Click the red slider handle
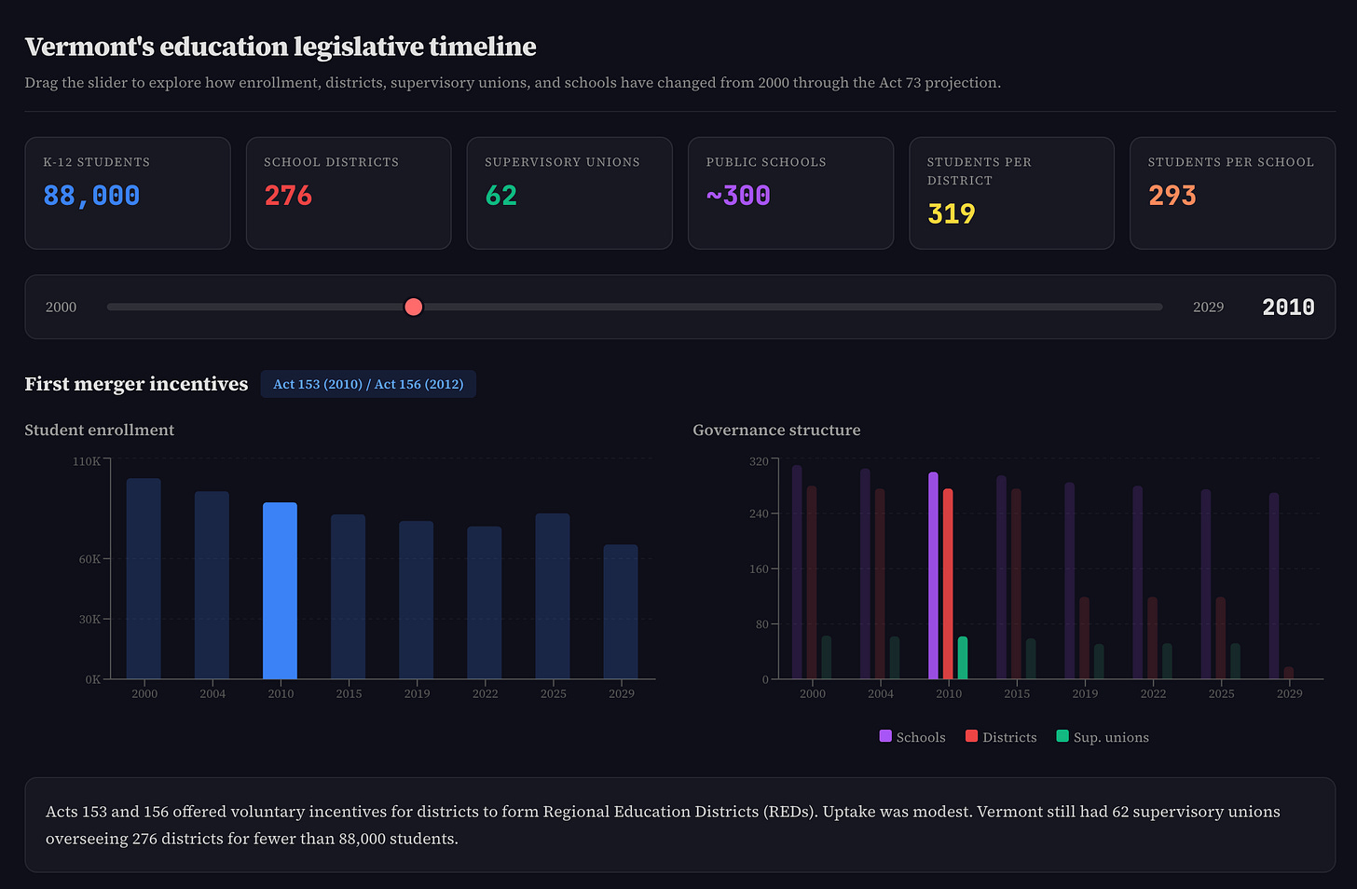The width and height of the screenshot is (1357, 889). (x=414, y=307)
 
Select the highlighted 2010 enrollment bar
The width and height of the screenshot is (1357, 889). (x=280, y=591)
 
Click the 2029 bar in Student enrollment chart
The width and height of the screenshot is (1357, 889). (x=621, y=611)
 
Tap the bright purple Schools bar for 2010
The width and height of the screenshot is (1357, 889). (x=933, y=576)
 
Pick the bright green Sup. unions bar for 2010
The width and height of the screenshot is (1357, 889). (x=963, y=658)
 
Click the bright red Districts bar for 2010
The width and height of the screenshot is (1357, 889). (x=948, y=584)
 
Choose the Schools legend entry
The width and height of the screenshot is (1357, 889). (x=912, y=737)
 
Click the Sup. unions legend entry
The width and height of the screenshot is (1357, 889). (x=1103, y=737)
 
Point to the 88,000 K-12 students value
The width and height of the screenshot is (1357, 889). (x=91, y=196)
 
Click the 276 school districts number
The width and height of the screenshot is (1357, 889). (x=288, y=196)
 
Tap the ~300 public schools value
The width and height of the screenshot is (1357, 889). (x=738, y=196)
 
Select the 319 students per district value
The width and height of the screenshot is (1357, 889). (x=951, y=214)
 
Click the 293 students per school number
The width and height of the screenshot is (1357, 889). (x=1172, y=196)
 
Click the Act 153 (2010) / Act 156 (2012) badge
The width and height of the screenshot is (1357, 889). (x=368, y=384)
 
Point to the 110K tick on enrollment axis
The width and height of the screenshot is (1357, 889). (x=87, y=461)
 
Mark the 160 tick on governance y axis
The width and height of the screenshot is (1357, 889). (x=759, y=569)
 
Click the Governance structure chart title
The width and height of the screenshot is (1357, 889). (x=776, y=430)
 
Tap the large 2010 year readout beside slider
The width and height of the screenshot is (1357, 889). (x=1288, y=308)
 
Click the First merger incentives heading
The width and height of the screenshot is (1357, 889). (x=136, y=384)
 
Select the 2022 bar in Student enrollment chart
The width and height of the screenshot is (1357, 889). (x=485, y=602)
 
